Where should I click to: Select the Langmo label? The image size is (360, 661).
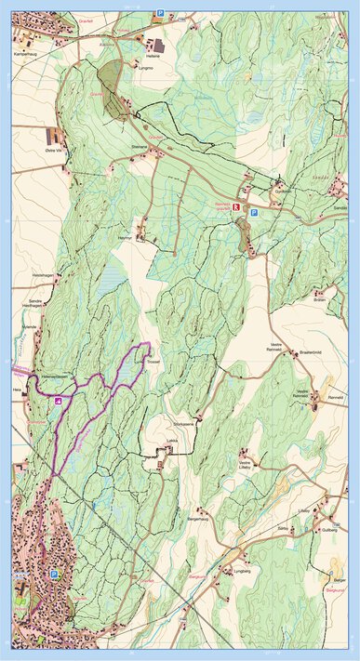coord(144,68)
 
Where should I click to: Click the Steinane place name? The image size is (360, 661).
coord(140,146)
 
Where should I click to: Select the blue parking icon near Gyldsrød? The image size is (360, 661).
coord(253,213)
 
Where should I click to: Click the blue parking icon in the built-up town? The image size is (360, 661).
coord(54,575)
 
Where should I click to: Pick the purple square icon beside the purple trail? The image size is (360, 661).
coord(59,401)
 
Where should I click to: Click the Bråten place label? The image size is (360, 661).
coord(320,300)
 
